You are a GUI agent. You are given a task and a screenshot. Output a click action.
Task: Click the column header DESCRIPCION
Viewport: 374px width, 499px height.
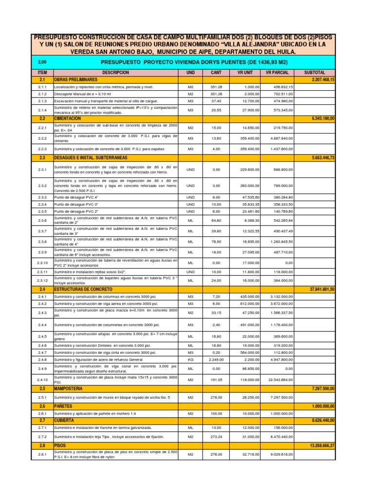115,72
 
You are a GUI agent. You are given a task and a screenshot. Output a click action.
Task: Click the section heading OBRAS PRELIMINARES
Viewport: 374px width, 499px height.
76,79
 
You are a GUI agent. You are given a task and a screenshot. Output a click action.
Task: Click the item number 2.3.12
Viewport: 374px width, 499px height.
42,281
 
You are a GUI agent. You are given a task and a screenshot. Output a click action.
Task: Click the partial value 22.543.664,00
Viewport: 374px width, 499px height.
279,380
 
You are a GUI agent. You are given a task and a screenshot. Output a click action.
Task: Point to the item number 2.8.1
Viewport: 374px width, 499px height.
42,454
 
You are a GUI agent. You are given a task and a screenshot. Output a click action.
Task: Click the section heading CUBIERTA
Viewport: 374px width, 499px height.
64,420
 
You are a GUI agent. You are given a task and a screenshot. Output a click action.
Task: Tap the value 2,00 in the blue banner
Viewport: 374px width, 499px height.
42,62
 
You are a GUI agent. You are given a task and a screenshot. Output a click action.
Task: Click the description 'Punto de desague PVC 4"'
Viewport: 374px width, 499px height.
77,197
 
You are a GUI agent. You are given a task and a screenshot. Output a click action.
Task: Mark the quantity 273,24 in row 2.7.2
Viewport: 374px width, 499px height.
216,437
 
